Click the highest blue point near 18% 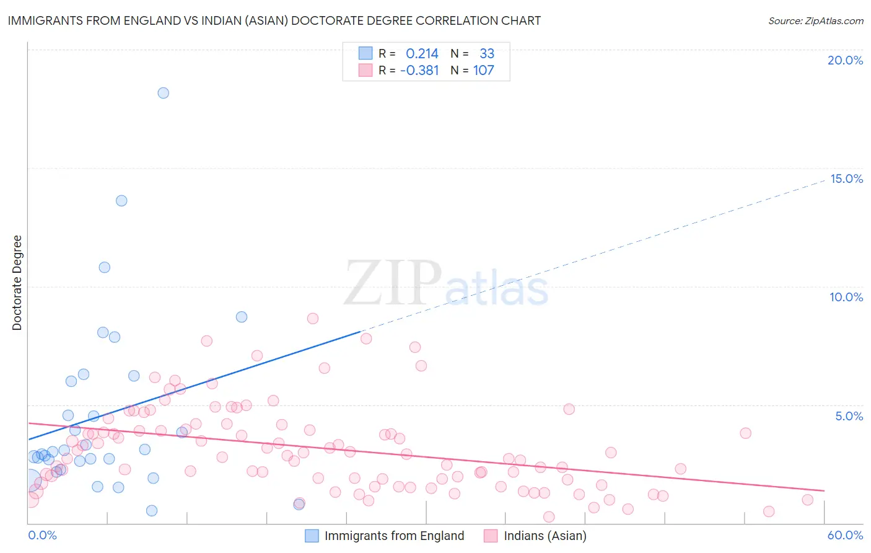[163, 93]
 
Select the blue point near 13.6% [121, 201]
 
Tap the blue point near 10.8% [105, 267]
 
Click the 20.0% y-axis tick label [845, 60]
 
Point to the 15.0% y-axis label [846, 179]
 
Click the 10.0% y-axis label [846, 297]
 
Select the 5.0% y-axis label [849, 416]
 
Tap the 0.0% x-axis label [42, 535]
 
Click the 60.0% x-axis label [845, 535]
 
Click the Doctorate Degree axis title [17, 283]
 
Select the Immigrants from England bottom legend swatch [312, 536]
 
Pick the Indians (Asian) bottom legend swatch [491, 536]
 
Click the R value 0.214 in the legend [422, 54]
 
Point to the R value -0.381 [419, 71]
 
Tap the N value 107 [484, 71]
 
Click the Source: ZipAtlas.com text [815, 21]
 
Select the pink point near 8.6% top [313, 319]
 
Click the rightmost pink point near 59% [807, 500]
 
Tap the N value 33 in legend [487, 54]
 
